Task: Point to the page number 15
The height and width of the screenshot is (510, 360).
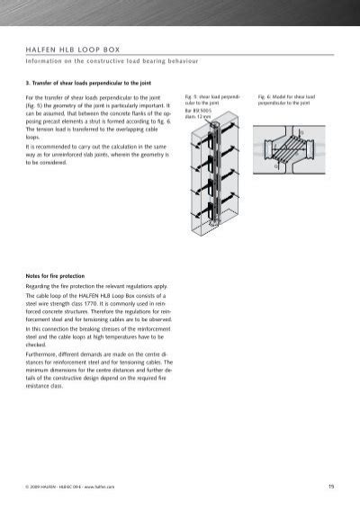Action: (331, 487)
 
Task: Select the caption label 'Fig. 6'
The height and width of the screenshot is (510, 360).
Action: (264, 94)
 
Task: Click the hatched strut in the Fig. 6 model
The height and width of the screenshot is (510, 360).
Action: (285, 148)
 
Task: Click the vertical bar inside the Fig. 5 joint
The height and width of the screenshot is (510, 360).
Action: (216, 180)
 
